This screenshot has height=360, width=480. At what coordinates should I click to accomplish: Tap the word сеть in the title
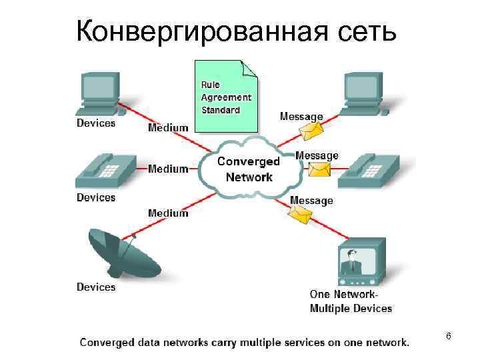[365, 31]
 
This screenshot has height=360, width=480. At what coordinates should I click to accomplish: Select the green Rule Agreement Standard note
[226, 97]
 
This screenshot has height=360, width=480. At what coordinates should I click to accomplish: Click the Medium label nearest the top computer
[168, 127]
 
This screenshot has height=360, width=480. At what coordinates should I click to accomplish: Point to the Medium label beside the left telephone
[168, 169]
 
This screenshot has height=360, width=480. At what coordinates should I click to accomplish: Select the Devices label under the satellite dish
[96, 287]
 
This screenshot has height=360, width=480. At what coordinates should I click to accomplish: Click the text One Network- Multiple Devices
[351, 301]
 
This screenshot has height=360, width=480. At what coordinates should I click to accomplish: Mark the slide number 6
[449, 337]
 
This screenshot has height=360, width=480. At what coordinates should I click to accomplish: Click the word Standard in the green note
[221, 109]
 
